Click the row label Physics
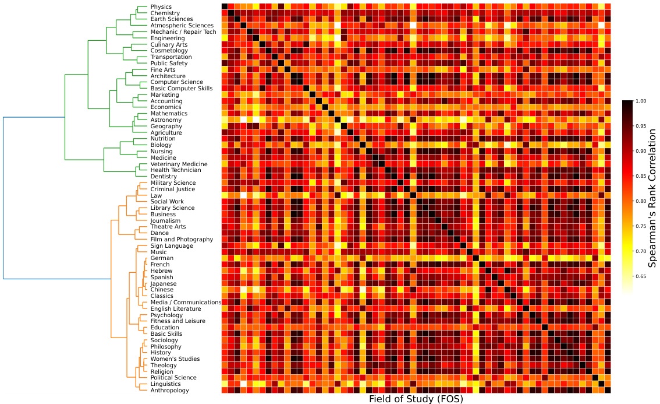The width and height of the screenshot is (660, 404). coord(161,7)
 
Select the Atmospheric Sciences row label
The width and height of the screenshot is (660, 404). coord(182,26)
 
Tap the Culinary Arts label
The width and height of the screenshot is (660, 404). coord(168,45)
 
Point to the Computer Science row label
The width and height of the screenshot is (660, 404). coord(176,82)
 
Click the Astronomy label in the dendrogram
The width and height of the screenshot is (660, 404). coord(166,120)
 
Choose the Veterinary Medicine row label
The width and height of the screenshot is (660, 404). coord(179,164)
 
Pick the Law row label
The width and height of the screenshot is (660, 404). coord(156,196)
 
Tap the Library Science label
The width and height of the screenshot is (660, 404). coord(172,208)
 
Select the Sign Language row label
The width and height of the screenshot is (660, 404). coord(172,246)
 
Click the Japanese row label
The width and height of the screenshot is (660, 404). coord(164,284)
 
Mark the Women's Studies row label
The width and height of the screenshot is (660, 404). coord(175,359)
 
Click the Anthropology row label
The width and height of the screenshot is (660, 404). coord(169,391)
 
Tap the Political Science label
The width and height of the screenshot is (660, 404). coord(173,378)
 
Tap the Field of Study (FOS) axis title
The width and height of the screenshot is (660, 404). coord(416,399)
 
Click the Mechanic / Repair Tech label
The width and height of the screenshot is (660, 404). coord(183,32)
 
